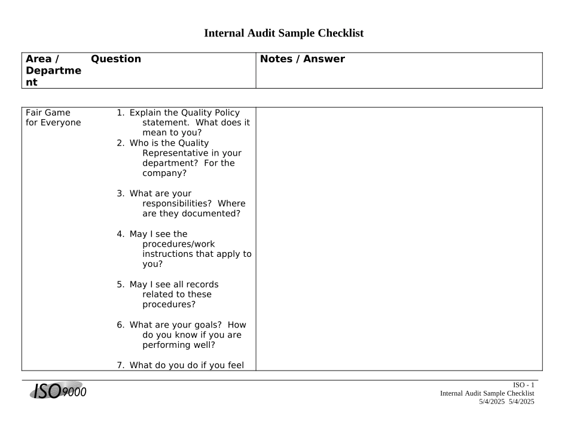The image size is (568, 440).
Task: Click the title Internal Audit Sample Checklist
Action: click(283, 34)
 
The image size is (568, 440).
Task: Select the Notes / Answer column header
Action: click(302, 59)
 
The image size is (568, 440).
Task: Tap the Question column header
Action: click(116, 59)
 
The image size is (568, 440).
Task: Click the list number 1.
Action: click(120, 113)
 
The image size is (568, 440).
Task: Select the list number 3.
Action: click(120, 193)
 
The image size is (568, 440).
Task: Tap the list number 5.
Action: click(120, 284)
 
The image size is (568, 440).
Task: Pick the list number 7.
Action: click(120, 365)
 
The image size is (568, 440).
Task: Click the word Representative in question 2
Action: click(173, 153)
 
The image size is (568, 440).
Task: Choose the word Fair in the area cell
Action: click(35, 113)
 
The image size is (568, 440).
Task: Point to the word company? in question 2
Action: click(164, 173)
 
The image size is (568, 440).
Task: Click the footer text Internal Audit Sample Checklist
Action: click(487, 393)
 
